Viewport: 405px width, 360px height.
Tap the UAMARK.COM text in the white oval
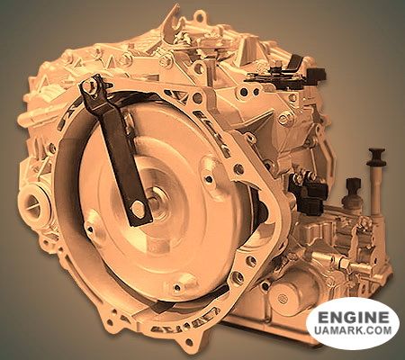coord(353,330)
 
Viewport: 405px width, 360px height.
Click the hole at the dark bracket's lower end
coord(139,206)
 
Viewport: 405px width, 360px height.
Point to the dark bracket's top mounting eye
coord(89,86)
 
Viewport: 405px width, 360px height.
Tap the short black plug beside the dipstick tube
coord(353,185)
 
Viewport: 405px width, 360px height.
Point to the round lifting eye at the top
coord(201,19)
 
